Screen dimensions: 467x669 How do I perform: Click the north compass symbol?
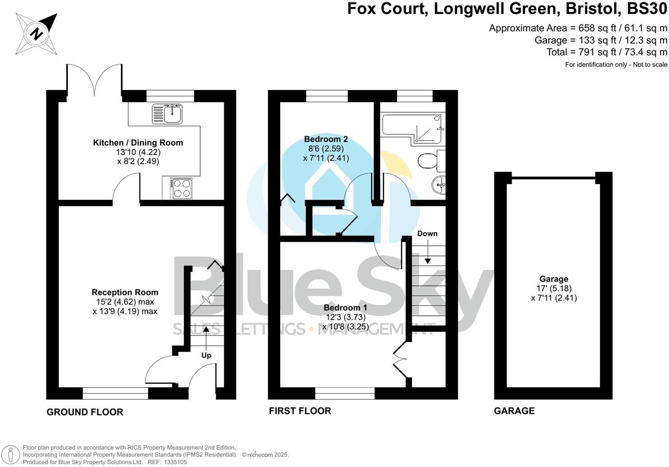(37, 34)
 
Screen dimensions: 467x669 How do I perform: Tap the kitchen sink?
(167, 113)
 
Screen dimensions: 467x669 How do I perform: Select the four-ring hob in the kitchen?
(181, 188)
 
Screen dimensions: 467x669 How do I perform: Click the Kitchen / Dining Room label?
(138, 143)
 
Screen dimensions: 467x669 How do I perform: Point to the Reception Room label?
(125, 292)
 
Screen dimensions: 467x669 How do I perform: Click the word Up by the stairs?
(206, 355)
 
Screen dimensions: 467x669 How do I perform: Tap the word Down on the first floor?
(427, 233)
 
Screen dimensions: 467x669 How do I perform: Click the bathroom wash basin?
(439, 184)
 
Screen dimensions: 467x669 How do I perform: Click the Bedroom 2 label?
(325, 139)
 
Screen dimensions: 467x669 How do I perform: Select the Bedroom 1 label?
(345, 308)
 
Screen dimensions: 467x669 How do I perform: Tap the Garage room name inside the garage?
(554, 279)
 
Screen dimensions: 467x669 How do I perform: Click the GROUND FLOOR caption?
(85, 412)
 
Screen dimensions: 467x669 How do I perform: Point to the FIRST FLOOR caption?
(300, 411)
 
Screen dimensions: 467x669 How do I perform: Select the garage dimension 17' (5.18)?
(554, 288)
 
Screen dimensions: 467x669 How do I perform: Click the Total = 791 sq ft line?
(607, 52)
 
